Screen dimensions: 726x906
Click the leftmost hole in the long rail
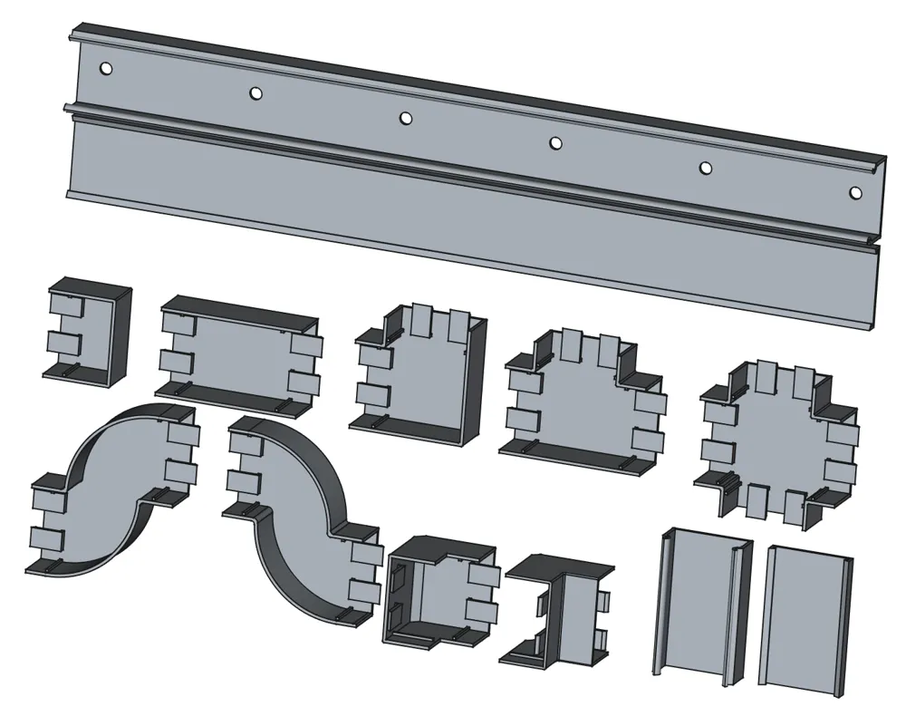[x=106, y=68]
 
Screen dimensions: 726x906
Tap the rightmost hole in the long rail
[x=855, y=192]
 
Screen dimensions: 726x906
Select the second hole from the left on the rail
[x=255, y=92]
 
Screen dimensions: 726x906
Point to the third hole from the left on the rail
[x=406, y=118]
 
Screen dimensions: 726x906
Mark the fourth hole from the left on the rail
[x=555, y=142]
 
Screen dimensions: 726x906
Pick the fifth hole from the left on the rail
[x=705, y=168]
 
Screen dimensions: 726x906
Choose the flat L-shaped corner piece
[x=421, y=381]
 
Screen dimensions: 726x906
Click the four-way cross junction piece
[x=779, y=435]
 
